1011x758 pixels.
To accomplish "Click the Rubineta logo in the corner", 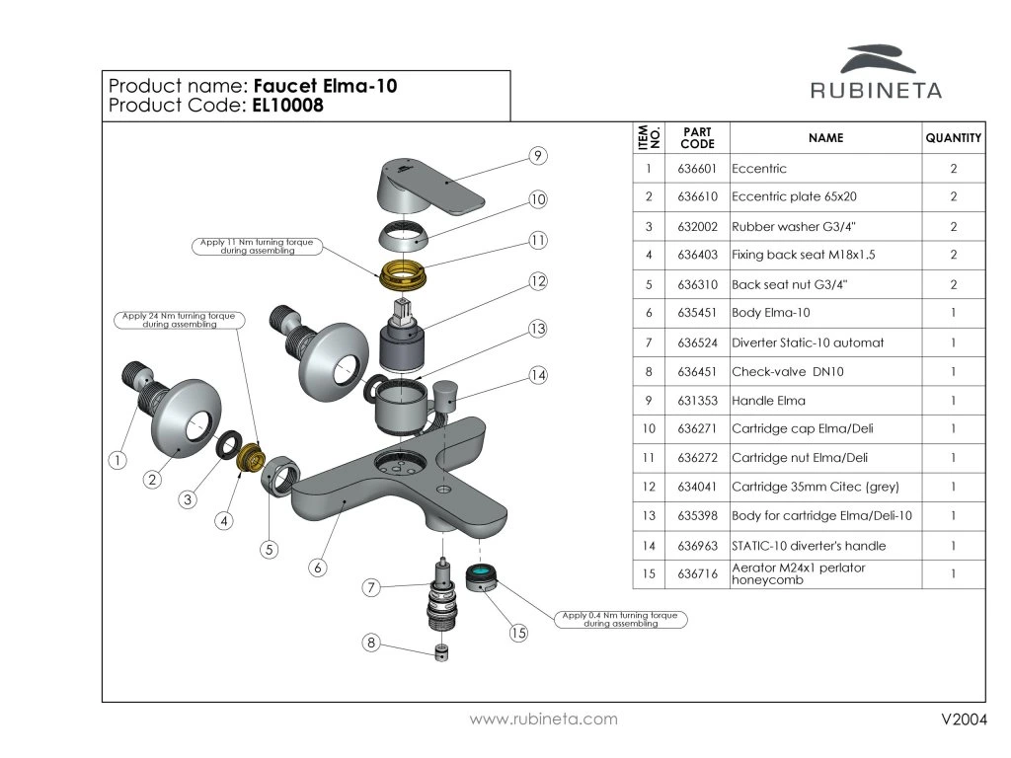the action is pyautogui.click(x=876, y=71).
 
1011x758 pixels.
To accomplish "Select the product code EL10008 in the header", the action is pyautogui.click(x=287, y=105).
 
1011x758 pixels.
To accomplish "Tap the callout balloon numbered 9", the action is pyautogui.click(x=538, y=156).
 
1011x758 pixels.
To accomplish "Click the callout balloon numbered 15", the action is pyautogui.click(x=518, y=633).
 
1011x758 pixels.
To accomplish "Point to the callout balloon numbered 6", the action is pyautogui.click(x=317, y=568).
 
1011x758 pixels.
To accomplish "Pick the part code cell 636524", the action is pyautogui.click(x=697, y=342).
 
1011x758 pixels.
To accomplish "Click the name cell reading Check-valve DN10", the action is pyautogui.click(x=787, y=372).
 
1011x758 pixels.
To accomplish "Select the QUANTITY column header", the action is pyautogui.click(x=954, y=138).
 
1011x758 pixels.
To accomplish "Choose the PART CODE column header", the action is pyautogui.click(x=697, y=138).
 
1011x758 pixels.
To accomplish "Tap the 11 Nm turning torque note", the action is pyautogui.click(x=257, y=246).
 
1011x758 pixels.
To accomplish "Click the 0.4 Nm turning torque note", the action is pyautogui.click(x=621, y=620).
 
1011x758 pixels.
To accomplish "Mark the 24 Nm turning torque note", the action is pyautogui.click(x=180, y=321).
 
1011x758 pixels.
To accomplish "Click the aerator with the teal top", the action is pyautogui.click(x=481, y=577).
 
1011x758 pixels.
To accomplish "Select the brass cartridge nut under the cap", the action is pyautogui.click(x=401, y=275).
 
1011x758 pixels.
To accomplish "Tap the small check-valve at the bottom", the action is pyautogui.click(x=441, y=652).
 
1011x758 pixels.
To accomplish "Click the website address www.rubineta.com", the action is pyautogui.click(x=544, y=720).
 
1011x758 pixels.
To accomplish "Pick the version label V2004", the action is pyautogui.click(x=964, y=720).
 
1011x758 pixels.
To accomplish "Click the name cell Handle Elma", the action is pyautogui.click(x=768, y=401).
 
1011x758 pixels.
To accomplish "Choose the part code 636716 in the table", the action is pyautogui.click(x=697, y=573).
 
